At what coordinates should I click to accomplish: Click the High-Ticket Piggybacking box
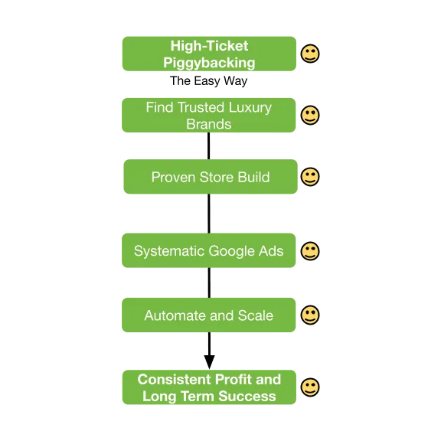pyautogui.click(x=209, y=54)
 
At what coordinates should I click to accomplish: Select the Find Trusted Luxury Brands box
pyautogui.click(x=209, y=115)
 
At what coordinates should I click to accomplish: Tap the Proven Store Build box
pyautogui.click(x=211, y=177)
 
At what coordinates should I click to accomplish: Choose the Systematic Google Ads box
pyautogui.click(x=209, y=250)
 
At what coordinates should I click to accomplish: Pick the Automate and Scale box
pyautogui.click(x=209, y=315)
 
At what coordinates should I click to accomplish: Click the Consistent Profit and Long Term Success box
pyautogui.click(x=209, y=387)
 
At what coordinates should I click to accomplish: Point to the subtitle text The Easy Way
pyautogui.click(x=209, y=81)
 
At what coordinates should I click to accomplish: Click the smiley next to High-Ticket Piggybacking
pyautogui.click(x=310, y=54)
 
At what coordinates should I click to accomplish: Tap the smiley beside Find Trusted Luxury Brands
pyautogui.click(x=310, y=115)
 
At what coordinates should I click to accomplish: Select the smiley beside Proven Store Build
pyautogui.click(x=310, y=177)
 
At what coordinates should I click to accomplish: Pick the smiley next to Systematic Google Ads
pyautogui.click(x=310, y=251)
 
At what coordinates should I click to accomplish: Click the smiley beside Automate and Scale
pyautogui.click(x=310, y=315)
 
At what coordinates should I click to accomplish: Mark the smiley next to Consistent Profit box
pyautogui.click(x=310, y=387)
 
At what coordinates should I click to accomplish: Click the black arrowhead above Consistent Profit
pyautogui.click(x=209, y=362)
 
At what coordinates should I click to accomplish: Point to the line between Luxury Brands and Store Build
pyautogui.click(x=209, y=145)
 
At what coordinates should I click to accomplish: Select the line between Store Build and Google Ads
pyautogui.click(x=209, y=214)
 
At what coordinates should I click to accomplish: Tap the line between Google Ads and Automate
pyautogui.click(x=209, y=283)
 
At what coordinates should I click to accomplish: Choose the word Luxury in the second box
pyautogui.click(x=250, y=108)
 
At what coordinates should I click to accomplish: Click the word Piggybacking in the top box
pyautogui.click(x=209, y=63)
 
